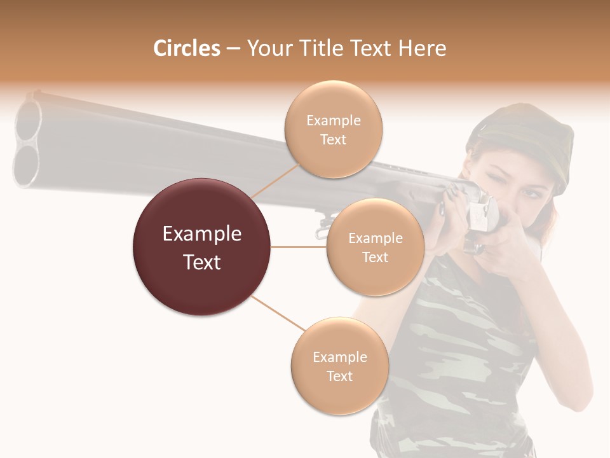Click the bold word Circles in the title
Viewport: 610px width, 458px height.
(186, 48)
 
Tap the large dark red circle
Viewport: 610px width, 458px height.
(202, 247)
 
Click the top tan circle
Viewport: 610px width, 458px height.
(333, 129)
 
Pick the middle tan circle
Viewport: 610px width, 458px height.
(375, 247)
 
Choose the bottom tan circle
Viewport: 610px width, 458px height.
(339, 366)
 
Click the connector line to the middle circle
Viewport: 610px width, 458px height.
(299, 247)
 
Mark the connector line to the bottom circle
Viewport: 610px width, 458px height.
(277, 314)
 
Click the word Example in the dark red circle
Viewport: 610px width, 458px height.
(202, 234)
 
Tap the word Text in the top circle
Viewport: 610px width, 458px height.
(333, 139)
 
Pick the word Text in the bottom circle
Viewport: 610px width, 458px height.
(339, 376)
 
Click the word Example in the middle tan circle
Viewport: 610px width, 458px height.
(375, 238)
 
